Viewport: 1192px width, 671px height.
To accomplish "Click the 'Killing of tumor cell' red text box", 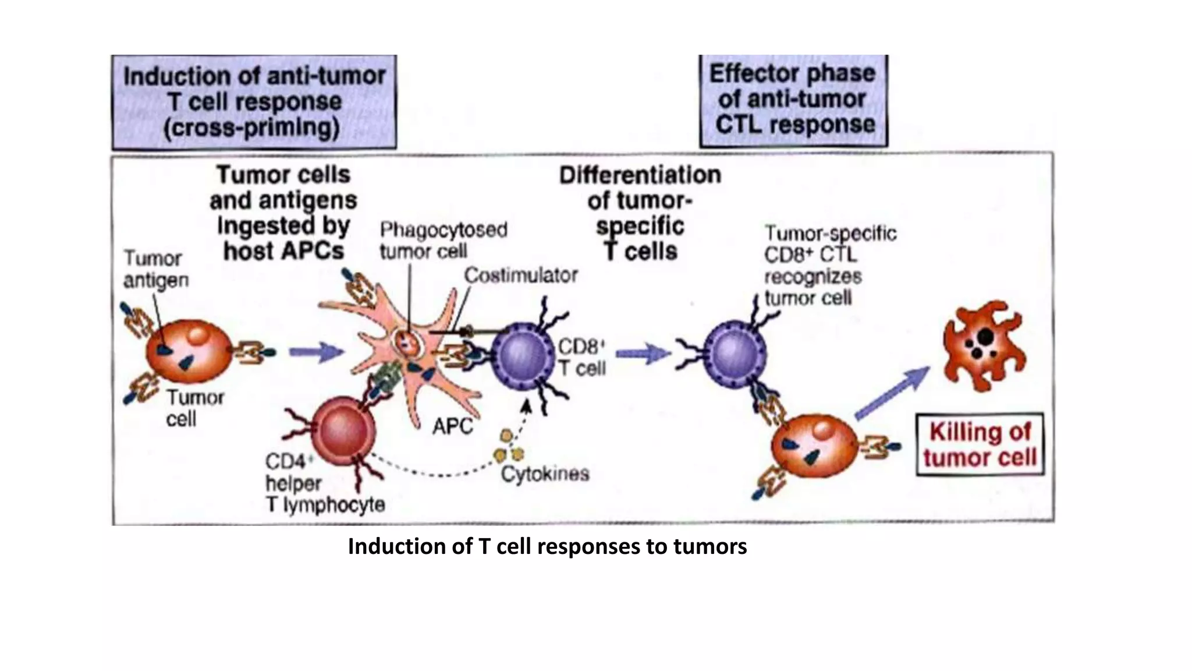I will (980, 445).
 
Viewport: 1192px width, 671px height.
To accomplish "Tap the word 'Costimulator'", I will (520, 276).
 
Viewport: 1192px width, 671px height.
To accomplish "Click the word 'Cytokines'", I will (545, 474).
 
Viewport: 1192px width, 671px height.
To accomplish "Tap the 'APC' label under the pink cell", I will (452, 427).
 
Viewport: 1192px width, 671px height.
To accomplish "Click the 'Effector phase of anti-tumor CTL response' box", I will (793, 100).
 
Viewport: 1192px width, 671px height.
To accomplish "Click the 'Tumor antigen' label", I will (155, 269).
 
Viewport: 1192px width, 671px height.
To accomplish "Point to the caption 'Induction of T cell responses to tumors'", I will (547, 547).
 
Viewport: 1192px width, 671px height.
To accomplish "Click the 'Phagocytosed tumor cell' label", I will (443, 241).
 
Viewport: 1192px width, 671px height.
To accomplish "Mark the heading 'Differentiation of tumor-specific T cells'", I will (640, 213).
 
